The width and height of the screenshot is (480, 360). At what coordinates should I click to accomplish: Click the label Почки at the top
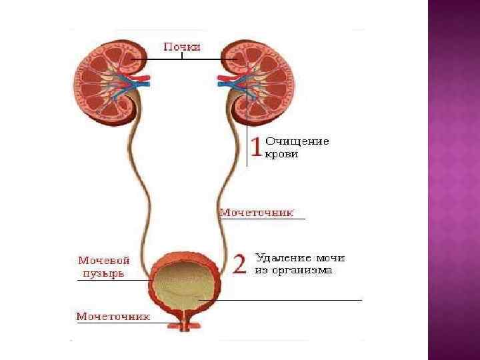tap(182, 47)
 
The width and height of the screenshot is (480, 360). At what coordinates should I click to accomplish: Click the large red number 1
tap(255, 150)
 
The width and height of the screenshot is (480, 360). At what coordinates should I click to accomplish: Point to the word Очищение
tap(297, 141)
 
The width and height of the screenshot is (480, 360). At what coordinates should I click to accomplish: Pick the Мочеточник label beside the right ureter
tap(257, 213)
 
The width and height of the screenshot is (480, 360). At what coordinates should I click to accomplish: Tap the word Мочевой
tap(104, 261)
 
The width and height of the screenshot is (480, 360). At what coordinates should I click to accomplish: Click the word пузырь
tap(103, 273)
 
